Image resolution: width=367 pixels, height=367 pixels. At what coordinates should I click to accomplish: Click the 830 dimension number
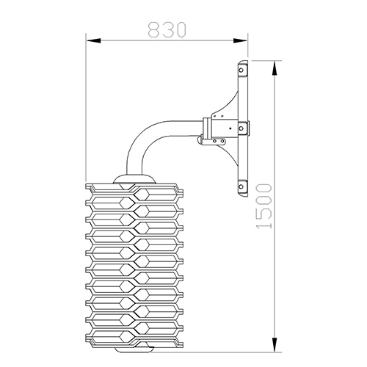pyautogui.click(x=167, y=30)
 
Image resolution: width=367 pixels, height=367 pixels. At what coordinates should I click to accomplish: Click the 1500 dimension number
pyautogui.click(x=264, y=206)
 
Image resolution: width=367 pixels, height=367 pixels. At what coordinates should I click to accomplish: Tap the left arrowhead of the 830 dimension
pyautogui.click(x=93, y=40)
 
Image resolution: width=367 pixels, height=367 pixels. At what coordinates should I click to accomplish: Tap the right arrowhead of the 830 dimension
pyautogui.click(x=241, y=40)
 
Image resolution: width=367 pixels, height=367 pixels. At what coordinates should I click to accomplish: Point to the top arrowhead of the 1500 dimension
pyautogui.click(x=275, y=68)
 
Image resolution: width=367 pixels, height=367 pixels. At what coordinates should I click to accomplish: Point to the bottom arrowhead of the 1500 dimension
pyautogui.click(x=275, y=345)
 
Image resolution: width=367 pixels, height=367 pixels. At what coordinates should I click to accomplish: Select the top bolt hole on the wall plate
pyautogui.click(x=241, y=70)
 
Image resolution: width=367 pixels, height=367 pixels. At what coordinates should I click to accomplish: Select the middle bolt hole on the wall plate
pyautogui.click(x=241, y=128)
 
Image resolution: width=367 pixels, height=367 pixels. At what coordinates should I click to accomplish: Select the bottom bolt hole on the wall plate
pyautogui.click(x=241, y=186)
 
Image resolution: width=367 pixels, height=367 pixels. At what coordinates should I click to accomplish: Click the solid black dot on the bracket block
pyautogui.click(x=230, y=128)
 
